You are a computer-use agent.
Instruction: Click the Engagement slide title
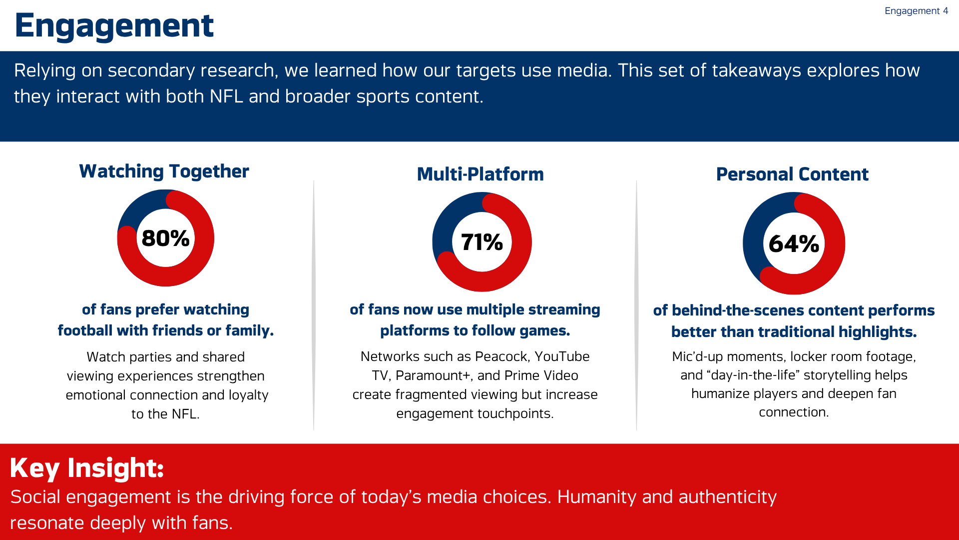[x=114, y=26]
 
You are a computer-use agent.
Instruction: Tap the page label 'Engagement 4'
[x=916, y=11]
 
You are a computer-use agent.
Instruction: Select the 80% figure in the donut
[x=165, y=238]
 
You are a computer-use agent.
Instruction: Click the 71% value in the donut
[x=481, y=242]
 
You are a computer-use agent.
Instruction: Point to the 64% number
[x=794, y=244]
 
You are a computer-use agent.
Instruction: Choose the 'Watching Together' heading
[x=164, y=171]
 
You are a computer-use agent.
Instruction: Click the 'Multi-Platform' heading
[x=480, y=174]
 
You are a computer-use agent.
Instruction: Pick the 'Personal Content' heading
[x=792, y=174]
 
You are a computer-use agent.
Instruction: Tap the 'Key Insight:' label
[x=86, y=468]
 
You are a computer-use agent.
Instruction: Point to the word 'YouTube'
[x=562, y=356]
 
